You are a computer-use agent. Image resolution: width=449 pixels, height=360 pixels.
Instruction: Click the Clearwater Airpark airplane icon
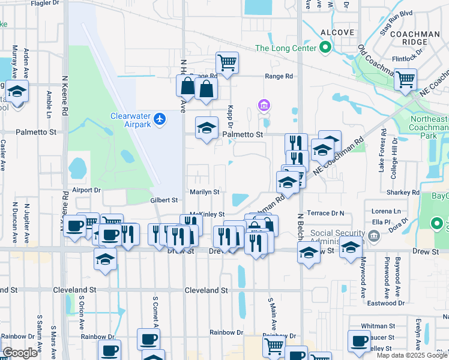coord(159,119)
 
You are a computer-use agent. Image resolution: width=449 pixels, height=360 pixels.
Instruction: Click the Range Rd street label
coord(279,76)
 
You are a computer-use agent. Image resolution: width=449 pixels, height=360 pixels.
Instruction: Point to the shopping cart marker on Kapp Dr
coord(227,62)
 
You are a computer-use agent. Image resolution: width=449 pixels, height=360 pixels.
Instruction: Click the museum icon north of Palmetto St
coord(263,106)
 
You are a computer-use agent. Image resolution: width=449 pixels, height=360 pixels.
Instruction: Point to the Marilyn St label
coord(205,192)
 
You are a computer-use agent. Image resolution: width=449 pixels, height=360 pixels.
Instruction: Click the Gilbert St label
coord(164,200)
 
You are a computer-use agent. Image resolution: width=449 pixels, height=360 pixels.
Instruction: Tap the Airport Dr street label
coord(86,190)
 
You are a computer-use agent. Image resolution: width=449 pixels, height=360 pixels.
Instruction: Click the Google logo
coord(20,353)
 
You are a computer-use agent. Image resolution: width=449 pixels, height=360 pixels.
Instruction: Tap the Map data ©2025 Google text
coord(411,355)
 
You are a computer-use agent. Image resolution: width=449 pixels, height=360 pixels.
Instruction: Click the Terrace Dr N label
coord(326,213)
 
